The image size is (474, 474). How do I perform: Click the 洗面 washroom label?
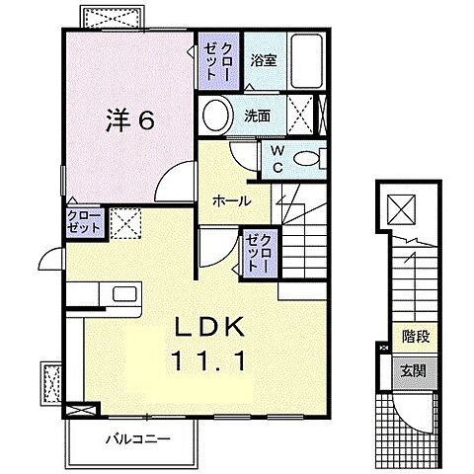click(x=259, y=116)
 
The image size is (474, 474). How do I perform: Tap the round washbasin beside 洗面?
click(x=215, y=114)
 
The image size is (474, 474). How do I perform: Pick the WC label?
click(x=277, y=159)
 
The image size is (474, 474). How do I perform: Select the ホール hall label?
click(x=230, y=200)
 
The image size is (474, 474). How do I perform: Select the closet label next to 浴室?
click(x=217, y=60)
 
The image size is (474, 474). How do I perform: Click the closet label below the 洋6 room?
click(x=86, y=221)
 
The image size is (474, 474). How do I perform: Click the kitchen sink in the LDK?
click(x=125, y=293)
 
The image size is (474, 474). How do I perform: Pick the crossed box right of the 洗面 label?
click(x=304, y=115)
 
